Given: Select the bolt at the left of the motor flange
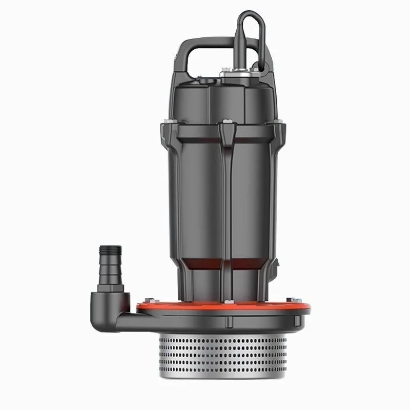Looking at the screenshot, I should point(163,122).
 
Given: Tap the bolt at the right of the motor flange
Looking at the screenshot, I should point(279,122).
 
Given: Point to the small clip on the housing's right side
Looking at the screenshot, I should point(277,266).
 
